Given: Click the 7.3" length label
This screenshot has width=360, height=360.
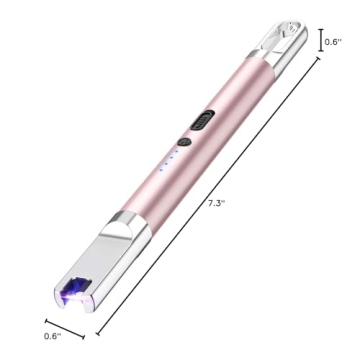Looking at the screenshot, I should point(215,203).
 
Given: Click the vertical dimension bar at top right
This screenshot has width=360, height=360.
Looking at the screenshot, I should point(321,41).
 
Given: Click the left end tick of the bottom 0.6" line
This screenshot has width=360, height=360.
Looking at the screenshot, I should point(45,319).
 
